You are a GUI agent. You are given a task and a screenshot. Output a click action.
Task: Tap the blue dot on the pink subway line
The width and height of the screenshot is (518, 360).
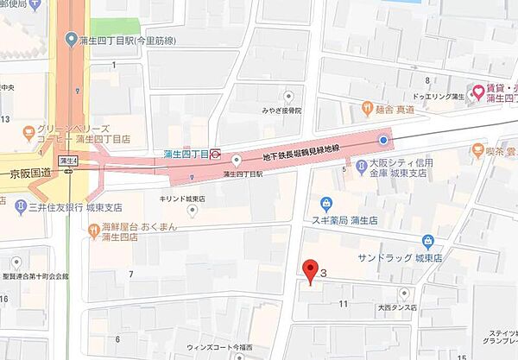click(383, 140)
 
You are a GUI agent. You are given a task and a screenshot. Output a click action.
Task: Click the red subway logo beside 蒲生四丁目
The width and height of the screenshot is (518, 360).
click(215, 155)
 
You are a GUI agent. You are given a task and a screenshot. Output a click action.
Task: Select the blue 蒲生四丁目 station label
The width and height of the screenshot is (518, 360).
click(186, 155)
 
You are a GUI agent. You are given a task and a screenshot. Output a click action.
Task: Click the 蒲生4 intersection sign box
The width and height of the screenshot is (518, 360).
click(67, 161)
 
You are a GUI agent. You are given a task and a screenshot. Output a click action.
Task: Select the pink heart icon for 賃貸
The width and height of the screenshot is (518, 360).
click(476, 89)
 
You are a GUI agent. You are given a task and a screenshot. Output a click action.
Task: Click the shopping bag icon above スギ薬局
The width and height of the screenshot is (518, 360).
click(326, 204)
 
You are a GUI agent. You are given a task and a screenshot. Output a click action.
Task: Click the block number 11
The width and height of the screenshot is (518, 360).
click(344, 303)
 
